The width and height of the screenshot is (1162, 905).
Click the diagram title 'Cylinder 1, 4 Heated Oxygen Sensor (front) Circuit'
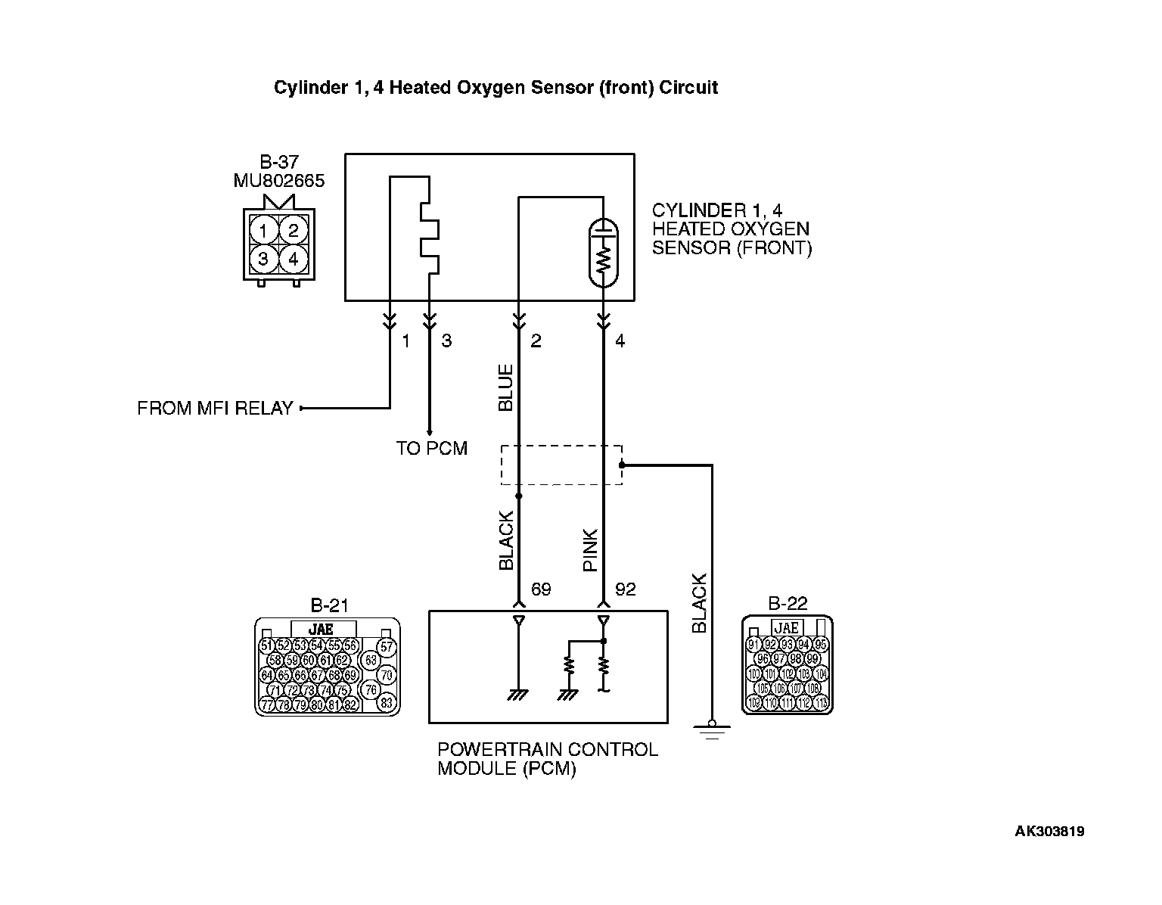pyautogui.click(x=496, y=88)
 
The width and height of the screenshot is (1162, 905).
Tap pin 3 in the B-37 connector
pyautogui.click(x=263, y=260)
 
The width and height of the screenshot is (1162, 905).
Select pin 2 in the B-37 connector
pyautogui.click(x=294, y=230)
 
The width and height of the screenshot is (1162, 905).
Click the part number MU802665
pyautogui.click(x=279, y=181)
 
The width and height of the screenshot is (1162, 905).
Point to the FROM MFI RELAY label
pyautogui.click(x=215, y=409)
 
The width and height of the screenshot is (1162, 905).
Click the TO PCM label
pyautogui.click(x=432, y=449)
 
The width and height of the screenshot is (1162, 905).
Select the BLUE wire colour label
pyautogui.click(x=505, y=387)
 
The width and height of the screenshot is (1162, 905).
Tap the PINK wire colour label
pyautogui.click(x=591, y=549)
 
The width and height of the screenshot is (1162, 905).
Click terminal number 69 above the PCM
pyautogui.click(x=541, y=589)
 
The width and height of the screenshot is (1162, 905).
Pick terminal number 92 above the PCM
pyautogui.click(x=626, y=589)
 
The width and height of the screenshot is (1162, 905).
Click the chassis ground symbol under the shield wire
pyautogui.click(x=711, y=730)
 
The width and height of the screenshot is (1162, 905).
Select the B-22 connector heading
pyautogui.click(x=788, y=603)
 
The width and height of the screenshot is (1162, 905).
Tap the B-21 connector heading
pyautogui.click(x=330, y=605)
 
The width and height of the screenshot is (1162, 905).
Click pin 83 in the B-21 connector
pyautogui.click(x=386, y=703)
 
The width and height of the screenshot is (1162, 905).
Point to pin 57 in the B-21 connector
pyautogui.click(x=387, y=646)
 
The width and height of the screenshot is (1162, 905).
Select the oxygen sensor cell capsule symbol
pyautogui.click(x=603, y=254)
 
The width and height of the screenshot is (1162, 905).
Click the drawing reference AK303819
pyautogui.click(x=1049, y=832)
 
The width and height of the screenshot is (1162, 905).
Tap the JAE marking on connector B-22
pyautogui.click(x=787, y=627)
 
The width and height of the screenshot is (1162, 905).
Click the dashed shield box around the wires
pyautogui.click(x=561, y=465)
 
